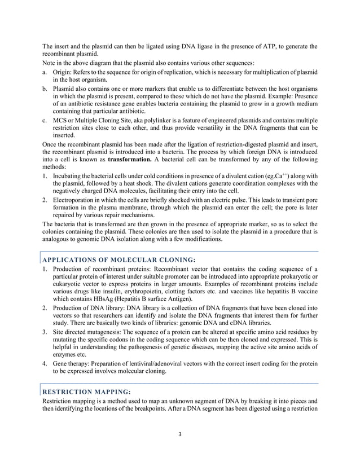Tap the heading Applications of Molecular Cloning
(120, 260)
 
